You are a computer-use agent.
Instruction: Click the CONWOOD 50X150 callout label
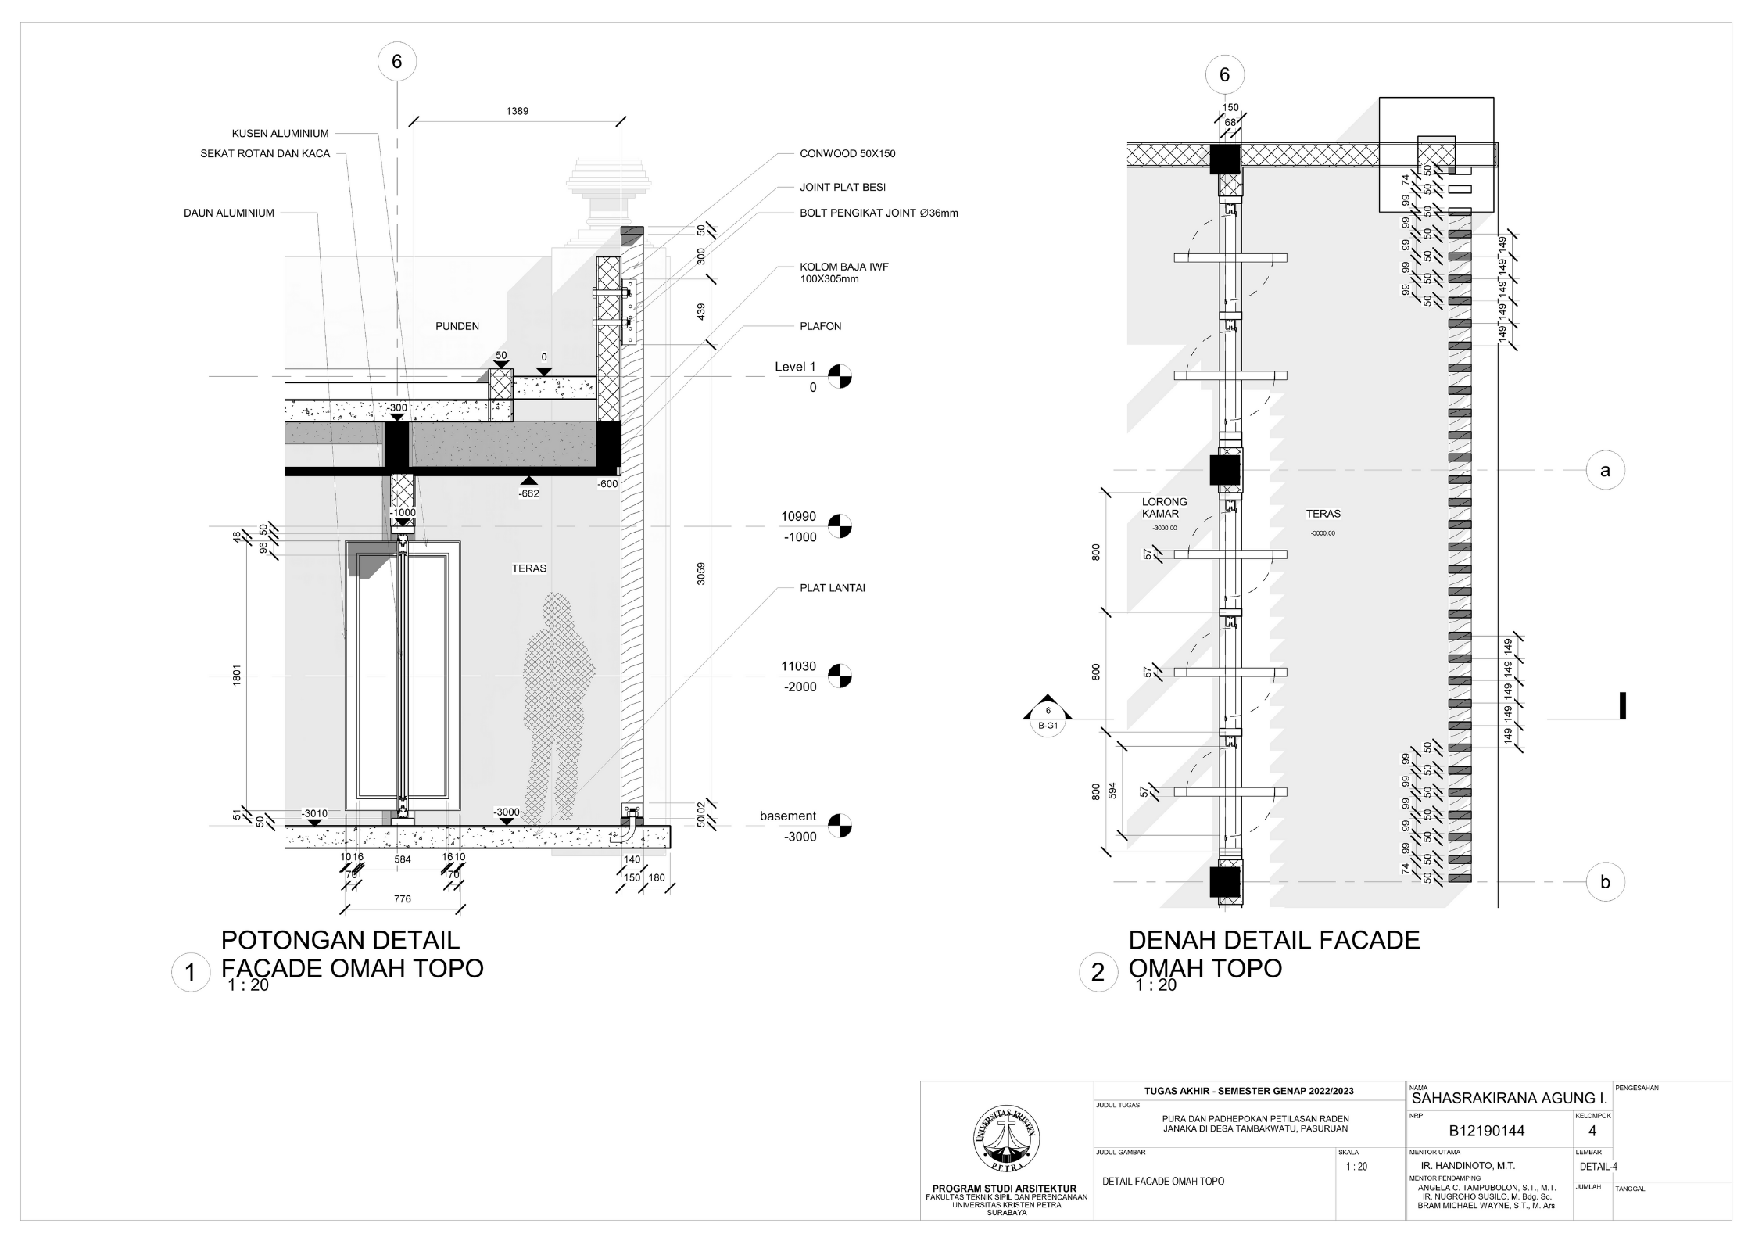click(x=847, y=154)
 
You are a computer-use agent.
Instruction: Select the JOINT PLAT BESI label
click(x=842, y=188)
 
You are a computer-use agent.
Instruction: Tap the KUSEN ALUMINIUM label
click(x=280, y=134)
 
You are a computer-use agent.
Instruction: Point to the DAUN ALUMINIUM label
click(x=228, y=213)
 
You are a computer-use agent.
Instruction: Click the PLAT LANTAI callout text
click(x=832, y=588)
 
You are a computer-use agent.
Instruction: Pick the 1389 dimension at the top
click(x=517, y=111)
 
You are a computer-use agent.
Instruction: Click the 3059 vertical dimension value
click(x=701, y=573)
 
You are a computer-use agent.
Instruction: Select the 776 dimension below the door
click(x=402, y=899)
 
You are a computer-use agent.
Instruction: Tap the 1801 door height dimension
click(x=236, y=676)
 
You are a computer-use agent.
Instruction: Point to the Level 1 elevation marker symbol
click(x=840, y=376)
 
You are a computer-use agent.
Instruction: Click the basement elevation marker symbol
click(x=840, y=826)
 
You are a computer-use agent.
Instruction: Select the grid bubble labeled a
click(x=1605, y=471)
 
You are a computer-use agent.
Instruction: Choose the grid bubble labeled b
click(x=1605, y=882)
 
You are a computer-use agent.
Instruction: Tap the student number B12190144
click(x=1486, y=1131)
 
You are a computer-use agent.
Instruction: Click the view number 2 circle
click(x=1098, y=973)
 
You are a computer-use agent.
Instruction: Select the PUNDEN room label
click(x=457, y=326)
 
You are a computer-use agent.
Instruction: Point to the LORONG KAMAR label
click(x=1164, y=508)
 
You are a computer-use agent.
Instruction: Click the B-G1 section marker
click(x=1048, y=719)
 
